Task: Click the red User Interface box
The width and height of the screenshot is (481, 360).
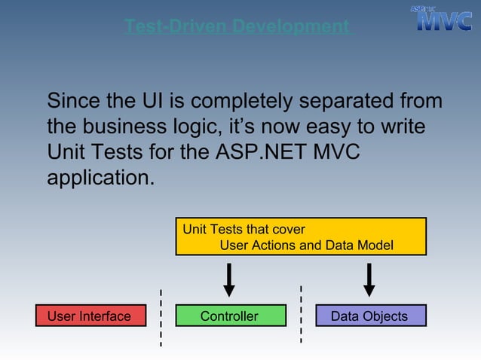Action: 89,316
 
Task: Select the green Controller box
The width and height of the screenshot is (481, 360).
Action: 230,316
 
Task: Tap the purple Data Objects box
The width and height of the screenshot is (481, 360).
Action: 370,316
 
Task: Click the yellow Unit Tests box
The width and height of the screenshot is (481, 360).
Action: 301,236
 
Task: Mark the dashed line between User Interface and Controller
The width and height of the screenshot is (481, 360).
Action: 161,317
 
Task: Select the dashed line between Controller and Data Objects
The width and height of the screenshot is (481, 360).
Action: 301,315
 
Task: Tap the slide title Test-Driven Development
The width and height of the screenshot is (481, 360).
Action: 237,27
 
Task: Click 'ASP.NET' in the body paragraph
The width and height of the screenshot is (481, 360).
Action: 259,152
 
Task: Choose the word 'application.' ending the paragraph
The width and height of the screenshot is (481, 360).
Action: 100,178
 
